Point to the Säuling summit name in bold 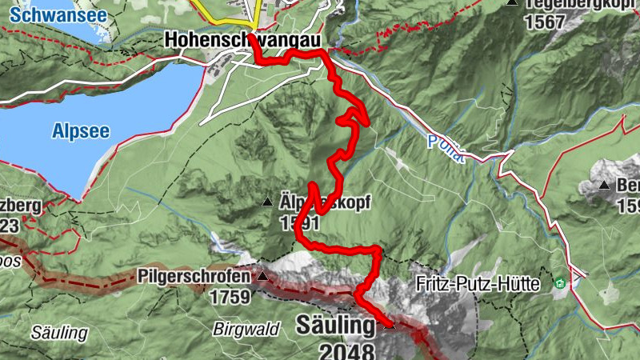tap(335, 326)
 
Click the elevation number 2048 tap(346, 350)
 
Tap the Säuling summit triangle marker tap(389, 326)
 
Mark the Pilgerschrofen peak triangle tap(262, 276)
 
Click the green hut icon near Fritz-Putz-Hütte tap(559, 283)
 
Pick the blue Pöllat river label tap(445, 147)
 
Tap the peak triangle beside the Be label tap(604, 186)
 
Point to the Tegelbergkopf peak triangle tap(511, 2)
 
